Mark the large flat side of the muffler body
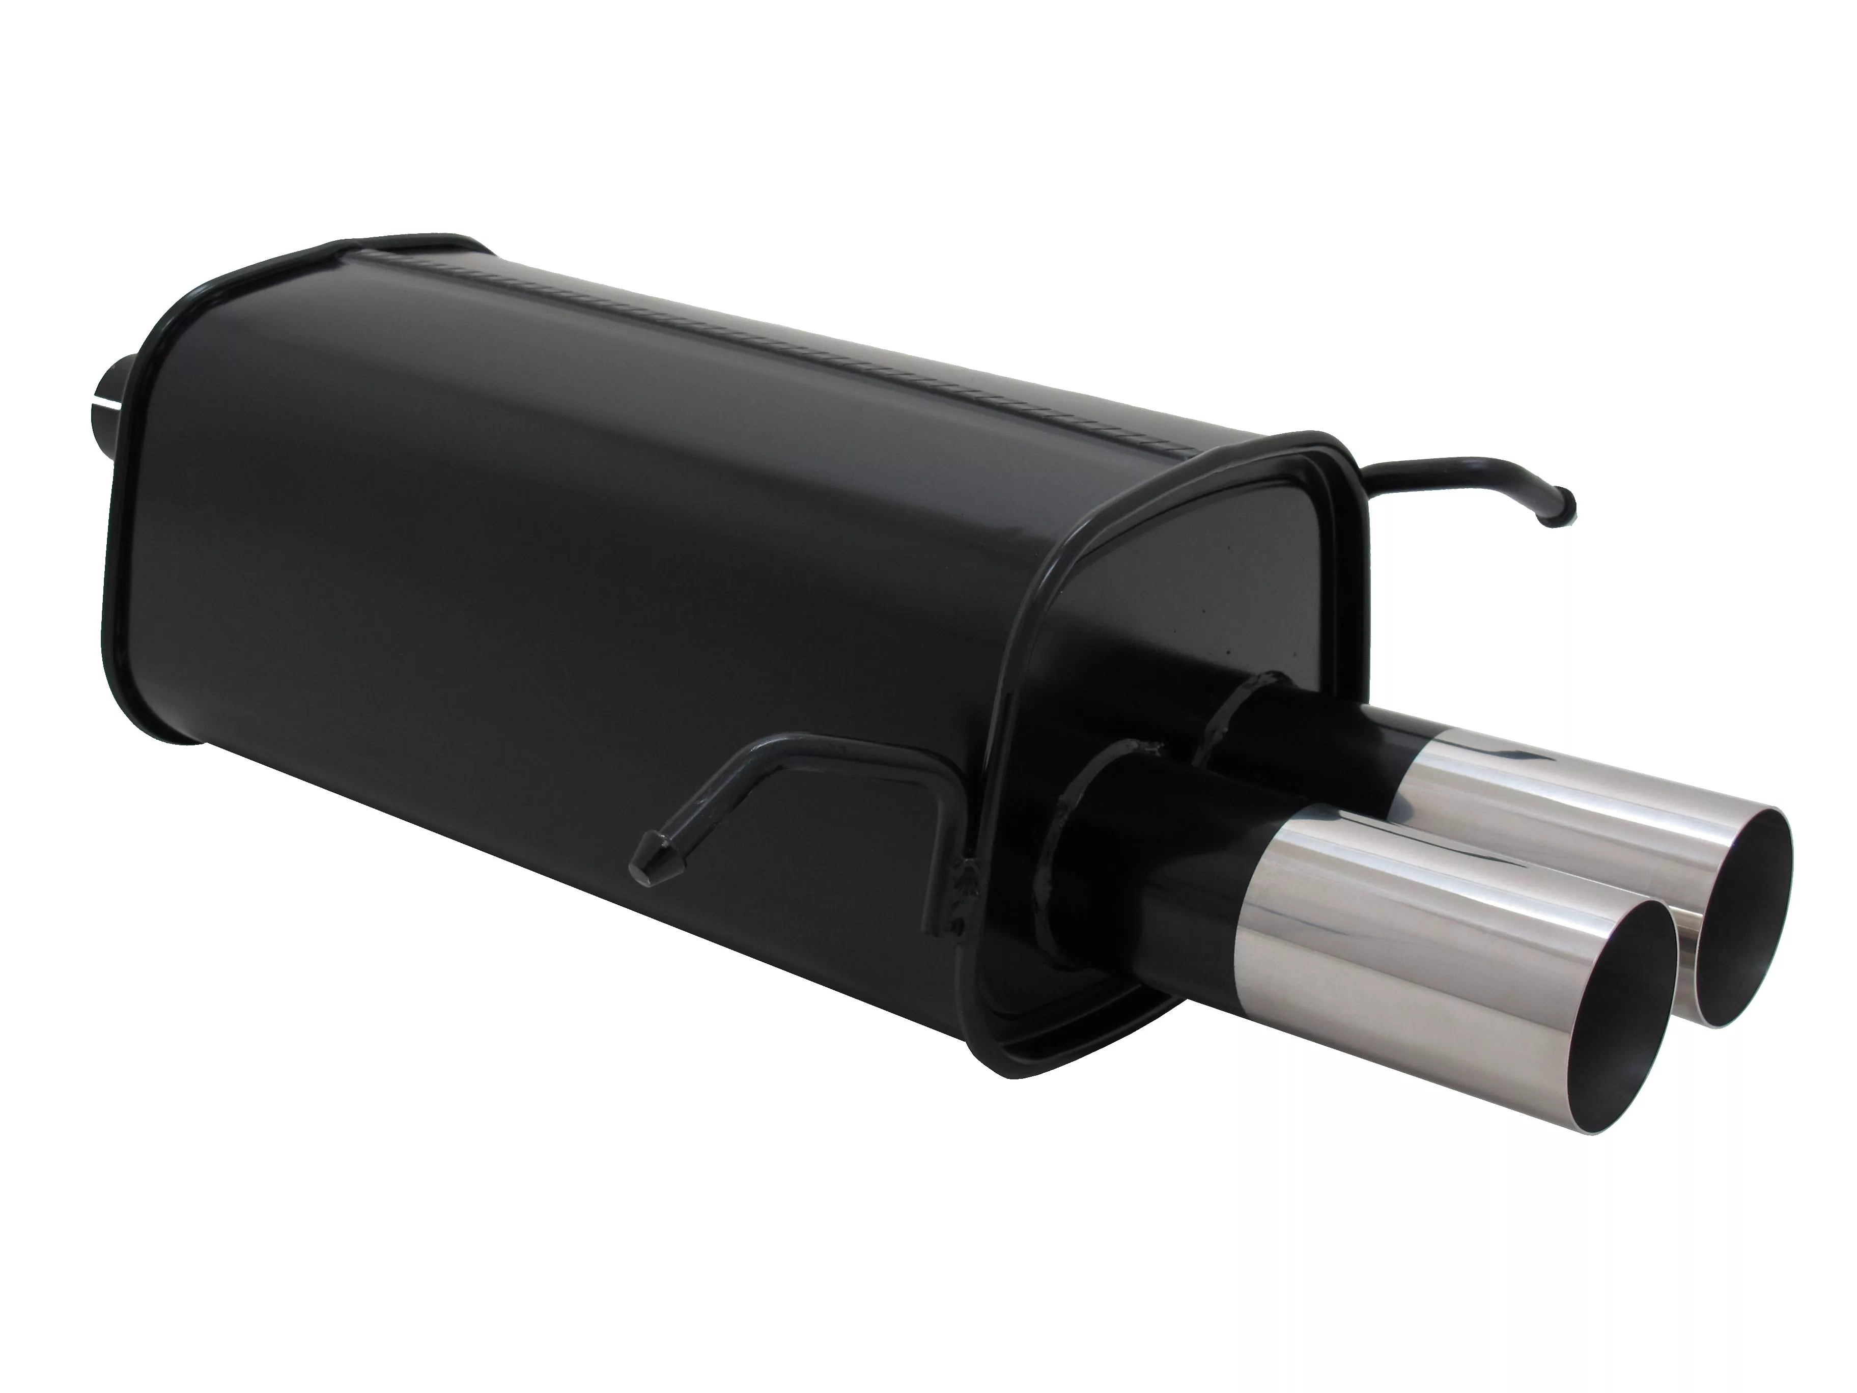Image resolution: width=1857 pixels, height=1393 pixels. (x=546, y=588)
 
